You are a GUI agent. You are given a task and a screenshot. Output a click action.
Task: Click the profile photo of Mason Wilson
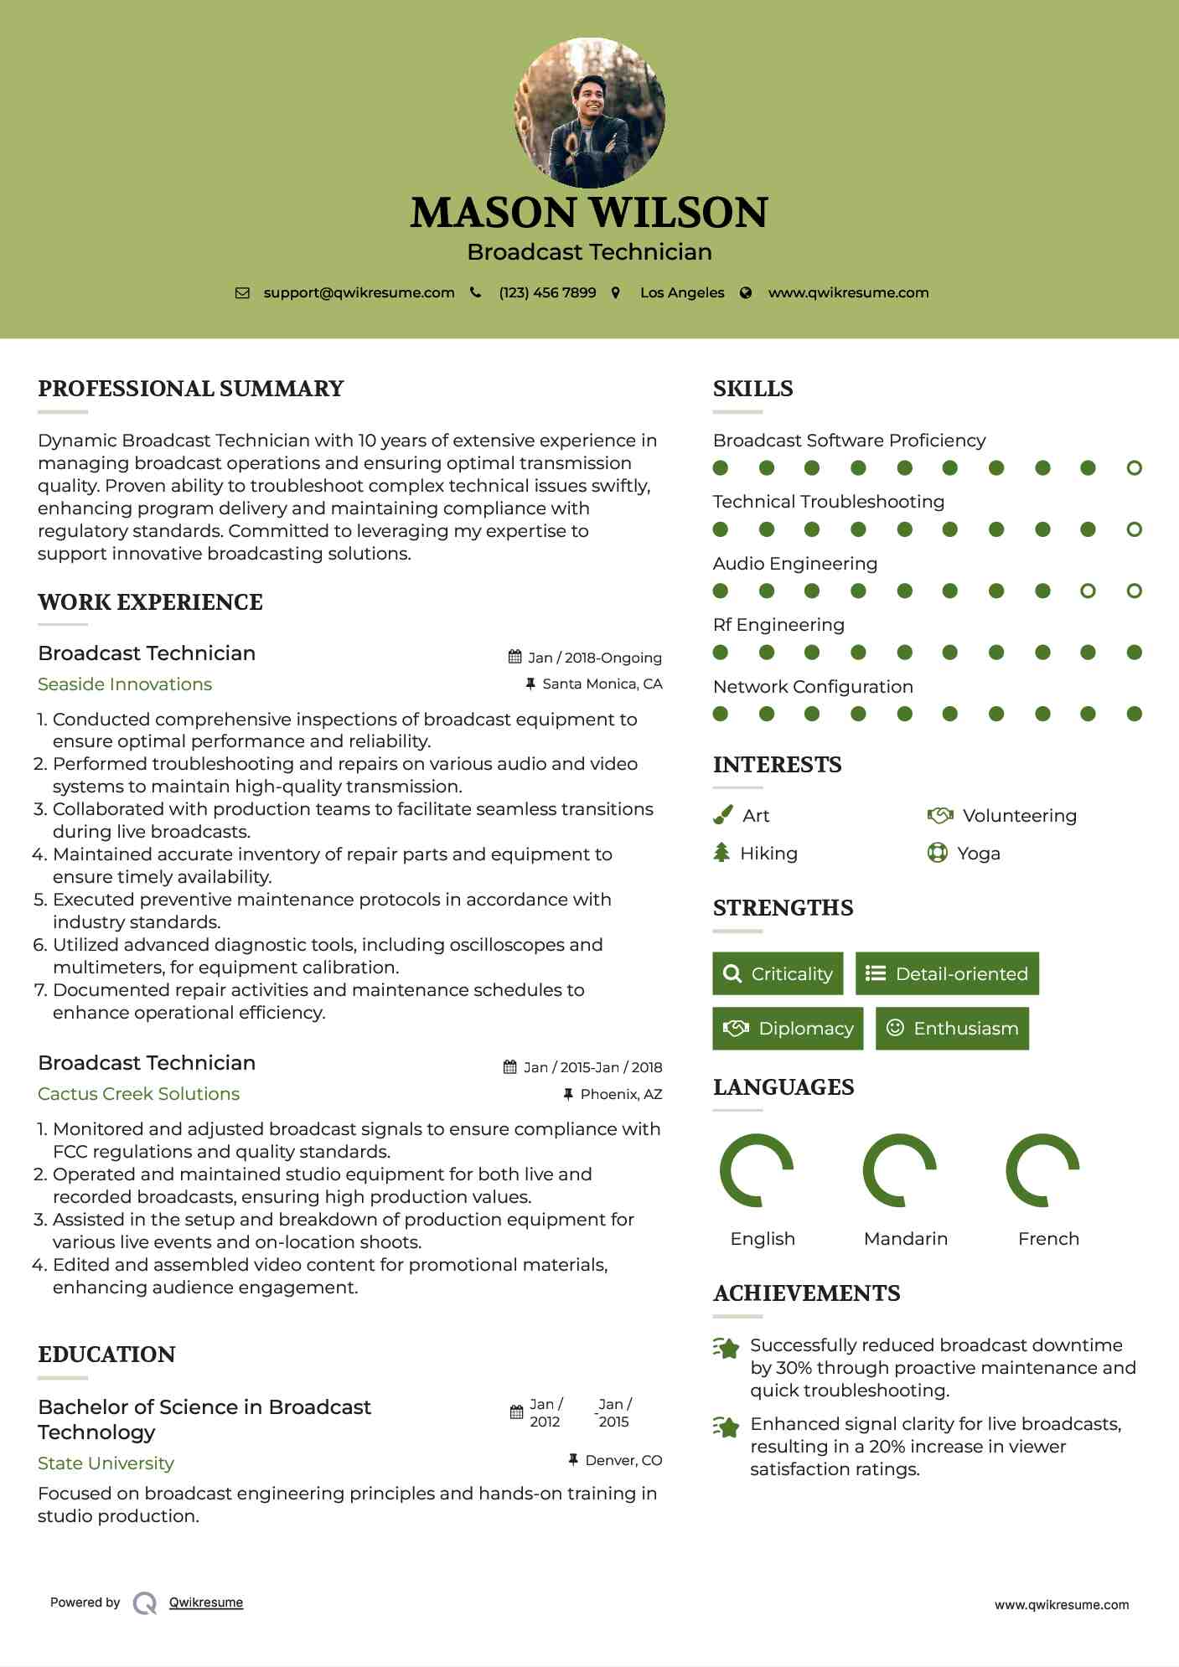pos(589,112)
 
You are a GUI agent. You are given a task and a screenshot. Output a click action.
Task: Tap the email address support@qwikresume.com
pos(359,292)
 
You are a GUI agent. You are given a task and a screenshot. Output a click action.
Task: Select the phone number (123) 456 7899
pos(547,292)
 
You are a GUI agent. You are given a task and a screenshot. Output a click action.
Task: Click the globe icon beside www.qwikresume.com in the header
pos(746,293)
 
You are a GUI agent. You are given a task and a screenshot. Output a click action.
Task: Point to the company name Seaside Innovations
pos(125,684)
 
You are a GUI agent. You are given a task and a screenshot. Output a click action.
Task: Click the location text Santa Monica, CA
pos(602,684)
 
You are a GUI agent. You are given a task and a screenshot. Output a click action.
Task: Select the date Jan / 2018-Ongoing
pos(594,658)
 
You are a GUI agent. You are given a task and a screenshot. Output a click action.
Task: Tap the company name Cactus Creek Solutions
pos(138,1094)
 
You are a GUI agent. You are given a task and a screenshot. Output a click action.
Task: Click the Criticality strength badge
pos(778,973)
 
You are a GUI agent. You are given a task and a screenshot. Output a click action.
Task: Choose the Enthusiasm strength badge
pos(952,1028)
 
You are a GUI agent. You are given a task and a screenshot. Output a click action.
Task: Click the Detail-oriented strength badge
pos(947,973)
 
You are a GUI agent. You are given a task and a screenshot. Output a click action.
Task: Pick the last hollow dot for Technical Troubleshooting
pos(1134,529)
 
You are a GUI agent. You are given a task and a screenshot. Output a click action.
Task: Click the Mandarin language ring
pos(900,1170)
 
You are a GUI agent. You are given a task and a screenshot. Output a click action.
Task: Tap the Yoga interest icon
pos(937,853)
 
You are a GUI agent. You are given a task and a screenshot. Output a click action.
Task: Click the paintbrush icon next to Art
pos(722,815)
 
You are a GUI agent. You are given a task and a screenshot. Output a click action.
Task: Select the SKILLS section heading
pos(752,389)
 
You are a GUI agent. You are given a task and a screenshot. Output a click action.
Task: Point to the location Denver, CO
pos(623,1460)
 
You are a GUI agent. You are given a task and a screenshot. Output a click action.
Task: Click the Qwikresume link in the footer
pos(206,1602)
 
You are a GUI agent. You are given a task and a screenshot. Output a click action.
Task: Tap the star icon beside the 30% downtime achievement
pos(727,1348)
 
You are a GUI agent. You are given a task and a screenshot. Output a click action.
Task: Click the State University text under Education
pos(106,1463)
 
